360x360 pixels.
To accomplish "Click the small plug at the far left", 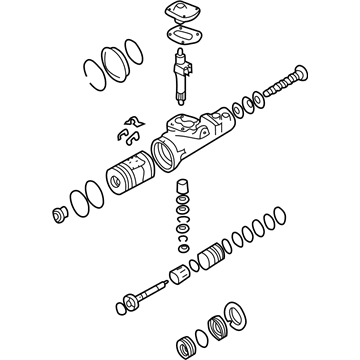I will point(57,213).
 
